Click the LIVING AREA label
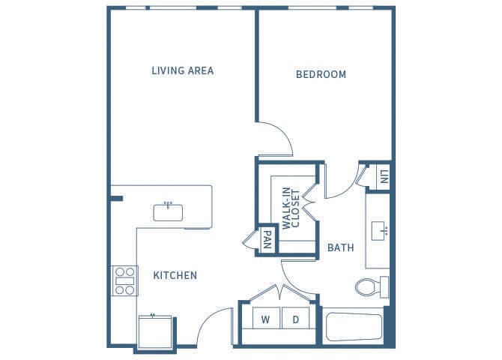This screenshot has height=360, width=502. [183, 70]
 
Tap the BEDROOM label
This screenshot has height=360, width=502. [321, 74]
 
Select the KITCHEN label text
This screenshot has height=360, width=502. [175, 275]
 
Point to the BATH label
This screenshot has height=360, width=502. [341, 247]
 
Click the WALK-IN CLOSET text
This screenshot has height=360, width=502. [291, 208]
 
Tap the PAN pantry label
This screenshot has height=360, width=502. [267, 240]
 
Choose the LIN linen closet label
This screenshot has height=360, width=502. [384, 177]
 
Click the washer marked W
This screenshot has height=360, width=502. [266, 318]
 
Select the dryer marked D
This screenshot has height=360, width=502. [295, 318]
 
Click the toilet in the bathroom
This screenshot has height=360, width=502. [372, 287]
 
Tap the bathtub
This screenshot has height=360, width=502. [354, 327]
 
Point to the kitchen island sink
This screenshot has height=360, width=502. [168, 212]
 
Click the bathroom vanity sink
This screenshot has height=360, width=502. [379, 230]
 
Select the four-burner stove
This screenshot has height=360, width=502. [125, 280]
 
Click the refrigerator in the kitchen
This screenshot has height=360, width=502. [155, 332]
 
